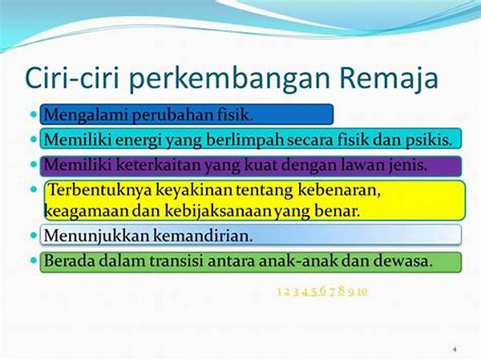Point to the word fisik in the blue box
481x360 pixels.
coord(235,114)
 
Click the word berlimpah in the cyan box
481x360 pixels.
coord(265,140)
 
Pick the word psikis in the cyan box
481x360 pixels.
coord(430,140)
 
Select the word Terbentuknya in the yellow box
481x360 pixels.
coord(99,192)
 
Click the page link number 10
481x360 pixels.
coord(362,291)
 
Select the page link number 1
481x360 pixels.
coord(280,291)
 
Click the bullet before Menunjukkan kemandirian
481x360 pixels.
coord(34,237)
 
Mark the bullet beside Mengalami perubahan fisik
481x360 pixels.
coord(34,114)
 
